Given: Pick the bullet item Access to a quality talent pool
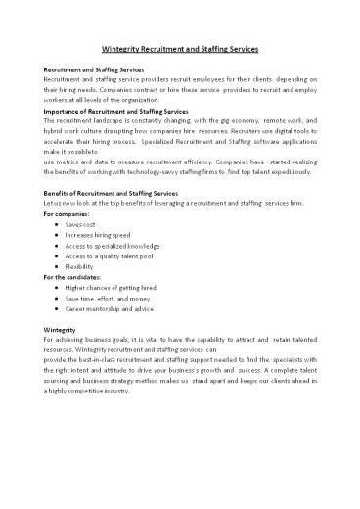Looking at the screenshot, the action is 112,264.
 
